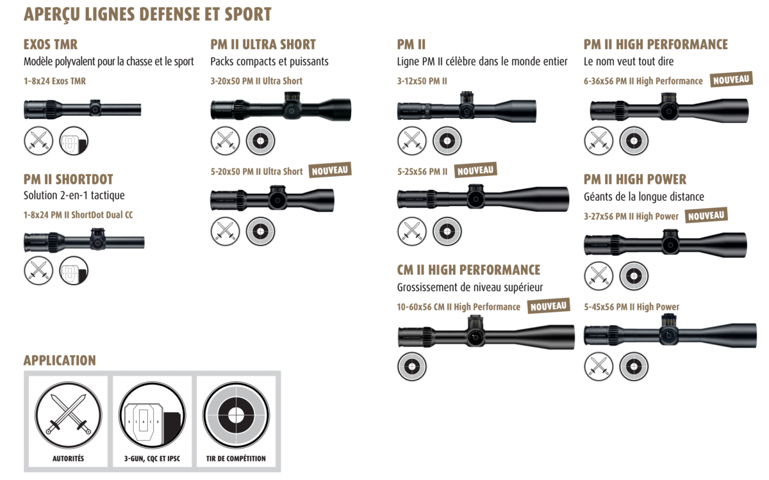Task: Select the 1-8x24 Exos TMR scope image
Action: (82, 108)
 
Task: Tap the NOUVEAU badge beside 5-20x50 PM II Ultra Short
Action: (331, 170)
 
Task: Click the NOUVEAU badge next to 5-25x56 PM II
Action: (475, 170)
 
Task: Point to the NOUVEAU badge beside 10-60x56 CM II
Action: (549, 306)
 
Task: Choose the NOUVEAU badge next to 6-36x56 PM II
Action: (731, 80)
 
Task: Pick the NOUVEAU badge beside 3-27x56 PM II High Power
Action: (706, 216)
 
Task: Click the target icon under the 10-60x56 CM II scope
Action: (412, 367)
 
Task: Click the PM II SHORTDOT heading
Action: (68, 179)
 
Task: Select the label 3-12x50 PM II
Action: (422, 81)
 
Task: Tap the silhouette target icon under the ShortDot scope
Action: (74, 271)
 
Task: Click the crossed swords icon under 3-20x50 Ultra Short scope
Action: (225, 140)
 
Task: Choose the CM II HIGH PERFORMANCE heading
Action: (468, 269)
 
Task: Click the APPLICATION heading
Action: (60, 360)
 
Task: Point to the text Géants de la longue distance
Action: (643, 196)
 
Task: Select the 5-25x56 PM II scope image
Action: (483, 198)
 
